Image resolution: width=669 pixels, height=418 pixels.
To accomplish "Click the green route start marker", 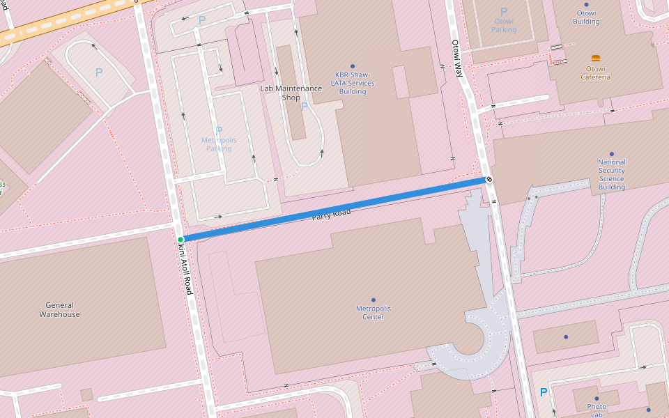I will [x=180, y=240].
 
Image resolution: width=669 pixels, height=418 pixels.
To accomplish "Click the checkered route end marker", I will [x=489, y=180].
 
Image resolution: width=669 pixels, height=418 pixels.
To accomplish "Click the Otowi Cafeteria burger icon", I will [x=596, y=59].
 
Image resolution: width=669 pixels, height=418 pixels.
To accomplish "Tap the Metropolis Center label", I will [x=374, y=312].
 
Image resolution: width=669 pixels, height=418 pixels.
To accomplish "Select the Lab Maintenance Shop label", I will [x=291, y=93].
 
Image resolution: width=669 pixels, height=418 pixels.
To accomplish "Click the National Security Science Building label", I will [x=611, y=174].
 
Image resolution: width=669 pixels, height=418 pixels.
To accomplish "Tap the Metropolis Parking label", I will [x=219, y=144].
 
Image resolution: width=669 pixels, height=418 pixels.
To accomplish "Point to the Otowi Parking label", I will [x=504, y=26].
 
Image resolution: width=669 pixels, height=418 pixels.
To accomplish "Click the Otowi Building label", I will [x=586, y=17].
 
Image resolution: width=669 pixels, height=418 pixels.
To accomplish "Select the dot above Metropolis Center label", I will [x=374, y=300].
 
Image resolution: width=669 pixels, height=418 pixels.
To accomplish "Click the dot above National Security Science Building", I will [x=612, y=154].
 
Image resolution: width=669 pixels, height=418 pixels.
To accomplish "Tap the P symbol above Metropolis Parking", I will [x=219, y=130].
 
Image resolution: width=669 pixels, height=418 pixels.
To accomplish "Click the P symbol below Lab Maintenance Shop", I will [x=305, y=107].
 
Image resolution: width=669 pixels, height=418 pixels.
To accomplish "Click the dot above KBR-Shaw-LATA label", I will [x=353, y=66].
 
